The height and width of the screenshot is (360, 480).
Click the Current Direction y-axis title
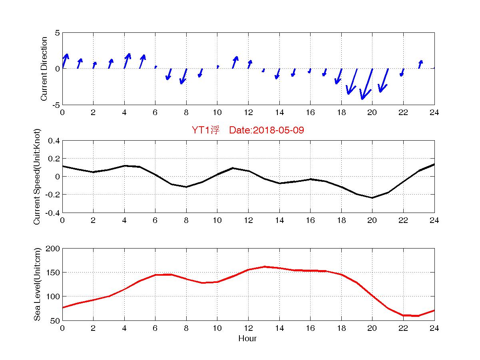pos(44,69)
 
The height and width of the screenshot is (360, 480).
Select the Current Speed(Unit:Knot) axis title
pos(37,177)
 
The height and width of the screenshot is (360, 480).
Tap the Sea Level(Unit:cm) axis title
pos(37,284)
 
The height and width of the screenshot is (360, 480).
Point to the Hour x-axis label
pos(247,339)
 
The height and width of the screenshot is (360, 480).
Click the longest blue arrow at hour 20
pos(367,84)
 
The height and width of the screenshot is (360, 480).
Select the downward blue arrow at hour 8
pos(183,76)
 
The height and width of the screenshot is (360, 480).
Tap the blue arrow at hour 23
pos(420,64)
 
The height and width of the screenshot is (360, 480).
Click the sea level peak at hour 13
pos(264,267)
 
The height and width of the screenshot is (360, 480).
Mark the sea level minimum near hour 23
pos(418,316)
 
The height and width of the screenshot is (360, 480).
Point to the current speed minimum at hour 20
pos(372,198)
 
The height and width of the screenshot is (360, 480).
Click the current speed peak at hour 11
pos(233,168)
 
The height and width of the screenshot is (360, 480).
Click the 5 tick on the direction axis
pos(57,33)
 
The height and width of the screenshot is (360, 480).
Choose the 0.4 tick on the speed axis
pos(54,141)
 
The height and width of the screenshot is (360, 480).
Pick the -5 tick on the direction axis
pos(56,105)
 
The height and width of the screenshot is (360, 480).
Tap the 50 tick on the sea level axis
pos(56,320)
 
